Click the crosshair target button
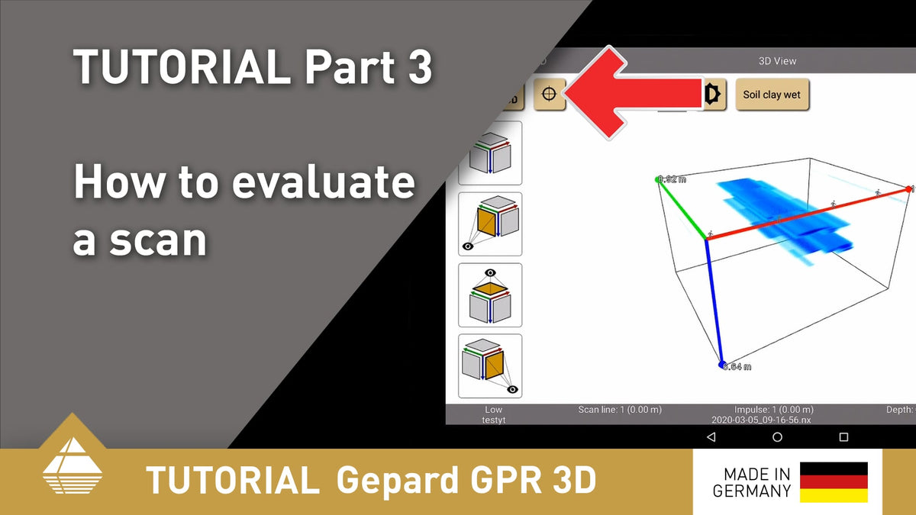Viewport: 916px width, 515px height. point(549,95)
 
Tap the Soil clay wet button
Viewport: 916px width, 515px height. point(772,95)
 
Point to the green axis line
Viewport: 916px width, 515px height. point(682,210)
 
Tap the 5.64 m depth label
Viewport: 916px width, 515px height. point(737,367)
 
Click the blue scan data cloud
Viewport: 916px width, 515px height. point(786,214)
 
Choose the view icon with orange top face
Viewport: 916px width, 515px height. point(489,295)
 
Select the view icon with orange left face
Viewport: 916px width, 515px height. point(489,224)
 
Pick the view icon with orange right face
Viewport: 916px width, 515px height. point(489,365)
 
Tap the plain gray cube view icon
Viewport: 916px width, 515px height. point(489,153)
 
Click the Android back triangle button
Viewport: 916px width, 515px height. point(711,437)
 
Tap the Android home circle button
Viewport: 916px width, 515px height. point(777,437)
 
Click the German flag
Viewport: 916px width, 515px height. point(834,482)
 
